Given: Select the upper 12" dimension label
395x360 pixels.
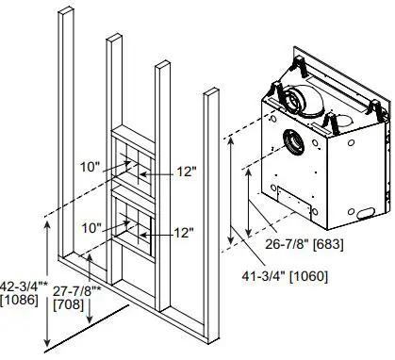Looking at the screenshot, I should click(185, 172).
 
